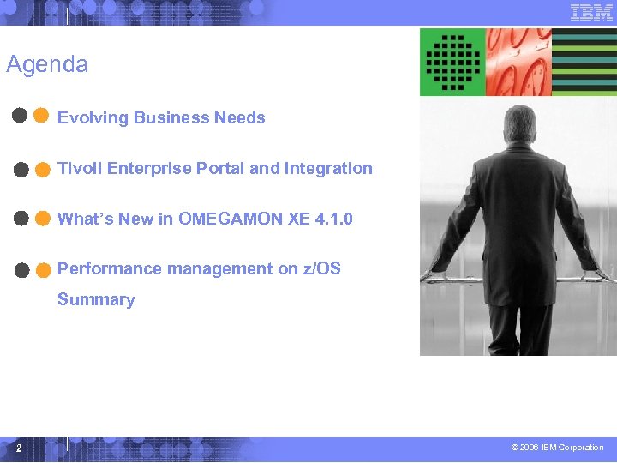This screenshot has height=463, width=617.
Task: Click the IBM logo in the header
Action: pos(591,13)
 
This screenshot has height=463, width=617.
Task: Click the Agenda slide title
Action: pos(47,64)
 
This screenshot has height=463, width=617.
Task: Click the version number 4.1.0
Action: pos(333,219)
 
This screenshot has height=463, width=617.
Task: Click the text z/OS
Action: pos(321,268)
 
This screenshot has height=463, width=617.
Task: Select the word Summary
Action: pos(96,299)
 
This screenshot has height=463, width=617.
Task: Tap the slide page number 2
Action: pos(17,448)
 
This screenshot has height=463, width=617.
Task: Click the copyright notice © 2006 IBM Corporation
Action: pos(557,448)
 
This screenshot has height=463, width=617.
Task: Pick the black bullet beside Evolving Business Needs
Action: pos(19,117)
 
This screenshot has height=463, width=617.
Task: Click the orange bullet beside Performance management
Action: pos(42,270)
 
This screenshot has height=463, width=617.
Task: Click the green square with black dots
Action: pos(452,62)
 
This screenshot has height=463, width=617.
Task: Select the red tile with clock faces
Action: pos(519,62)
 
